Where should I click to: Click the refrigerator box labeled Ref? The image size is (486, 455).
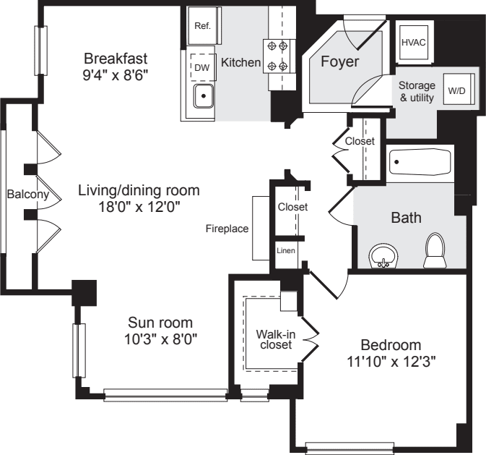(203, 26)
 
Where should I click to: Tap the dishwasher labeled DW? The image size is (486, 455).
(201, 67)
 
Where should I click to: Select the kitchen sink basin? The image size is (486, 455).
(204, 95)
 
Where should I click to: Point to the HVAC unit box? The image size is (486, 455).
(413, 41)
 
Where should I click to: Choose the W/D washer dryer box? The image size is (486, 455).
(456, 91)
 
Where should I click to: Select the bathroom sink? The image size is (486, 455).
(383, 257)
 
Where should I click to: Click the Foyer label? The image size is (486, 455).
(339, 62)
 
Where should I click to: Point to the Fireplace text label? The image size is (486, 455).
(227, 229)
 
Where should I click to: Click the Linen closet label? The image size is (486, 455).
(285, 251)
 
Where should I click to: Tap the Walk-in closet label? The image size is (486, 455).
(274, 339)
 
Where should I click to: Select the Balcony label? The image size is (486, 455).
(27, 195)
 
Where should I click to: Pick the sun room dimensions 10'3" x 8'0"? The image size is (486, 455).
(160, 338)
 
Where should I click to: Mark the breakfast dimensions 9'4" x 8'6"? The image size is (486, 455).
(116, 73)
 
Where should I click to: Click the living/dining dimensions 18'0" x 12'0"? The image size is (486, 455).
(139, 206)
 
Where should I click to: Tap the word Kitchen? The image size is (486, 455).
(240, 63)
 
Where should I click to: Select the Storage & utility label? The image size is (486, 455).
(417, 92)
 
